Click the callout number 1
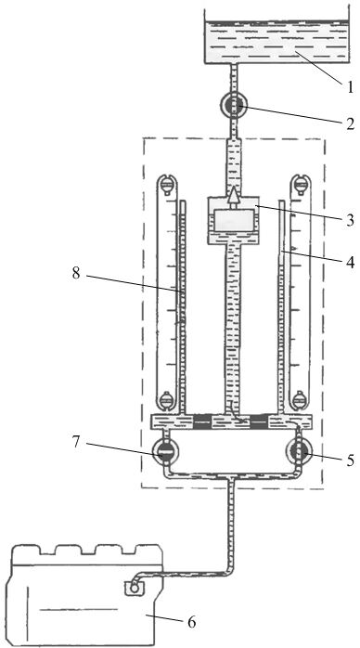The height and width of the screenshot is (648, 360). (350, 87)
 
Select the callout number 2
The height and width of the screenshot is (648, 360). (350, 124)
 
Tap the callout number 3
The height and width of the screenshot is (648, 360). (350, 220)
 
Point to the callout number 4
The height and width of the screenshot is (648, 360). (350, 264)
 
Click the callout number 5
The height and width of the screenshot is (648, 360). (350, 460)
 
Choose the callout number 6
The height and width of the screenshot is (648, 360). (191, 622)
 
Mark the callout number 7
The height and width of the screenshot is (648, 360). (75, 442)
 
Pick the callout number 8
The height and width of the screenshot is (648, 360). (76, 273)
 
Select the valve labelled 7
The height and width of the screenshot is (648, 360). (165, 453)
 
